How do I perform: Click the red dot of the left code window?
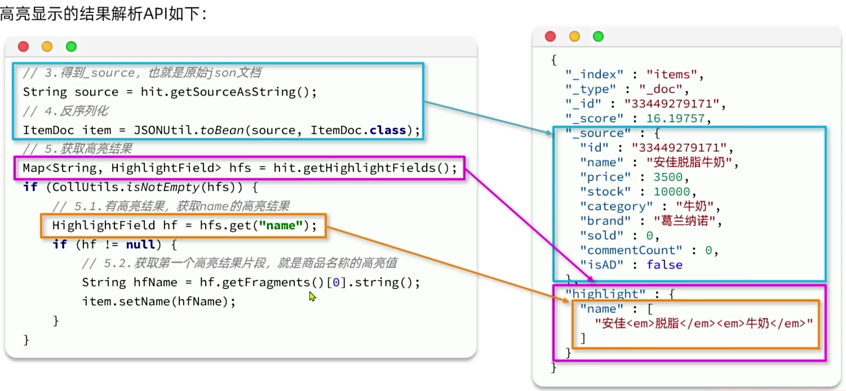click(x=24, y=46)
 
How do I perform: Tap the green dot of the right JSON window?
click(x=598, y=37)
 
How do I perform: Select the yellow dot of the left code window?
click(x=47, y=46)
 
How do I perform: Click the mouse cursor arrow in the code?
click(x=312, y=297)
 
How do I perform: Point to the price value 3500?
click(x=668, y=177)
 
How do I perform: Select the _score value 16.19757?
click(x=675, y=118)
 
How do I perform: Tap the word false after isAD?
click(x=665, y=265)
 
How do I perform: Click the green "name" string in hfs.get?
click(x=281, y=226)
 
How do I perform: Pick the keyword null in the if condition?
click(x=140, y=245)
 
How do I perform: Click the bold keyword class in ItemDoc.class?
click(x=388, y=130)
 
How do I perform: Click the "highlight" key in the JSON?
click(x=605, y=294)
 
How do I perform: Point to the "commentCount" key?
click(x=631, y=250)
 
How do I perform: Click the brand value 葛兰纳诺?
click(x=685, y=221)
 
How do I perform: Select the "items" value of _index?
click(x=671, y=74)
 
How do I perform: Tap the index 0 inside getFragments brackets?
click(x=336, y=283)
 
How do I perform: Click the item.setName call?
click(x=158, y=301)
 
